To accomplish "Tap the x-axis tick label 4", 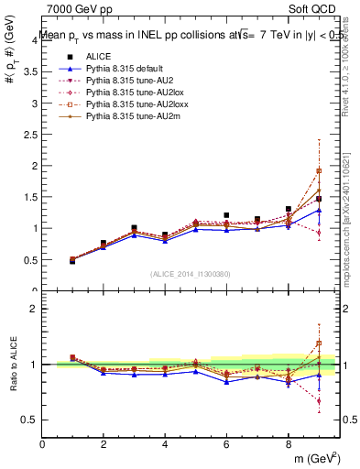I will click(x=165, y=443).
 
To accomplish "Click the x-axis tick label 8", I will click(x=288, y=443).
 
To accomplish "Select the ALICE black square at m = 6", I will click(x=226, y=215).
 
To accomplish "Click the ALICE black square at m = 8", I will click(x=288, y=209).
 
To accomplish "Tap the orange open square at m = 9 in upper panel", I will click(x=319, y=170).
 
